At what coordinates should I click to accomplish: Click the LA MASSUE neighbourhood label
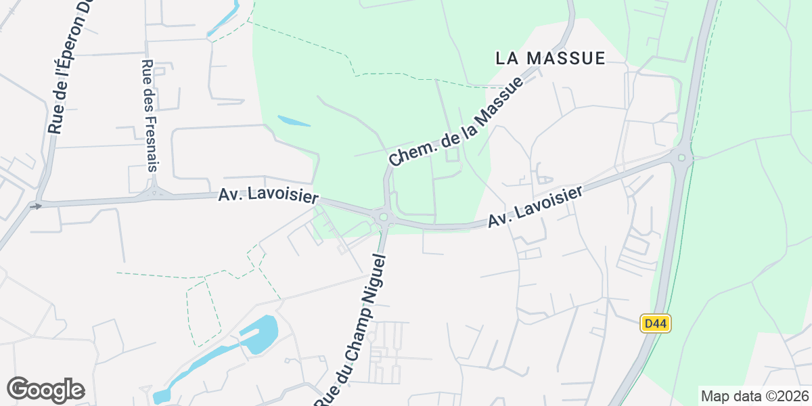click(550, 58)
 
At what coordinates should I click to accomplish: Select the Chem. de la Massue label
click(457, 121)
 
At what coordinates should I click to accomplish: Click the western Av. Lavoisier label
click(268, 196)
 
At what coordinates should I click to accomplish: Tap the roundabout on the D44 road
click(681, 159)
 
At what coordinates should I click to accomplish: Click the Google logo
click(45, 390)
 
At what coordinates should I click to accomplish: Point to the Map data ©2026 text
click(754, 396)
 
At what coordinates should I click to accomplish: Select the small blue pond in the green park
click(294, 121)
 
